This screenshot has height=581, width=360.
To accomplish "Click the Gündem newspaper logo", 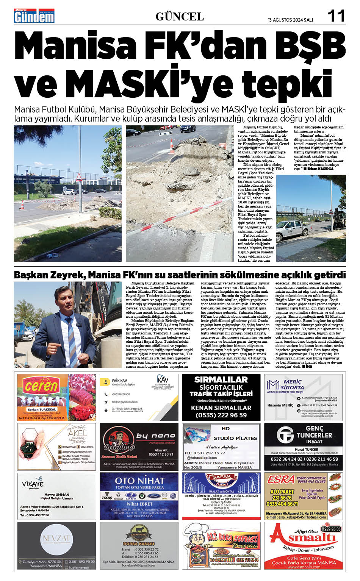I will coord(34,16).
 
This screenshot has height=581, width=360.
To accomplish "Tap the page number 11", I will coord(336,16).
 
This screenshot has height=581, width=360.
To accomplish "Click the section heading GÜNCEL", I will coord(180,17).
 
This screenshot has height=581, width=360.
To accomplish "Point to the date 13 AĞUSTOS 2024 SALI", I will coord(290,20).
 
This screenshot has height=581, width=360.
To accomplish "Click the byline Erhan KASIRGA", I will coord(321,169).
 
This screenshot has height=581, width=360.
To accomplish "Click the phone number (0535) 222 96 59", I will coord(221,415).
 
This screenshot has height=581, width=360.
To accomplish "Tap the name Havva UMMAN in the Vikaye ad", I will coord(57,494).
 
